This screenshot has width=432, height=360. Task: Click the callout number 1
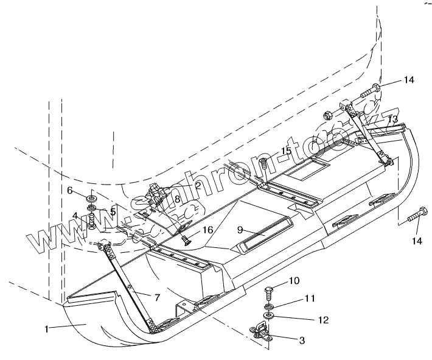point(47,328)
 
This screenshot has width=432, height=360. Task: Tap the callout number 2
point(198,185)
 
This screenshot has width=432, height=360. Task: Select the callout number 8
point(177,199)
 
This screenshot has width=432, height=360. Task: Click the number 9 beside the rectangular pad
point(241,229)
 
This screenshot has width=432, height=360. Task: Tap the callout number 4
point(75,216)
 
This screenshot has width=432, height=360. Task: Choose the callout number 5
point(113,211)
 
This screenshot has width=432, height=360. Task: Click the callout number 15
point(285,151)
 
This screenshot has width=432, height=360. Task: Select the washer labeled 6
point(91,199)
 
